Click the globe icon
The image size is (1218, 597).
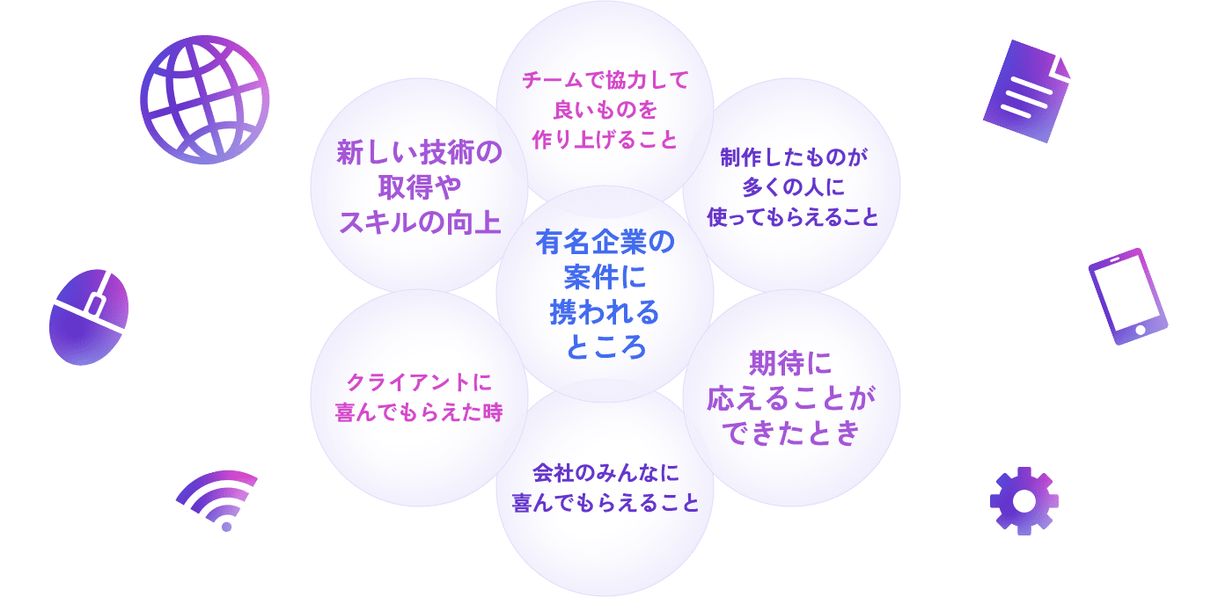[204, 99]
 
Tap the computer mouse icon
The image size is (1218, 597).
[89, 317]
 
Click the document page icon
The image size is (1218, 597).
[1026, 91]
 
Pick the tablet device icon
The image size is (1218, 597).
[1127, 295]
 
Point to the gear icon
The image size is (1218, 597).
[1024, 500]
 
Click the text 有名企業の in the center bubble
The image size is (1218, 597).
[605, 242]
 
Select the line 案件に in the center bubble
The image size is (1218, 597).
[605, 277]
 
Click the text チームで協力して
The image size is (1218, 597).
[605, 80]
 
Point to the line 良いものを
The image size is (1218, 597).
[605, 110]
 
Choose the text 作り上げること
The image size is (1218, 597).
[605, 139]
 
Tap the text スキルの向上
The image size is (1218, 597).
[419, 221]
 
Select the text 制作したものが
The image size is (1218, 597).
[793, 157]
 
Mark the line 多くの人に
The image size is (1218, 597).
[793, 187]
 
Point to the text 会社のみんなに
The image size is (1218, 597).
[605, 473]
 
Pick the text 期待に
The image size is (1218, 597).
[790, 363]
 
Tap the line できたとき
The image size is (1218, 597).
[790, 433]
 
